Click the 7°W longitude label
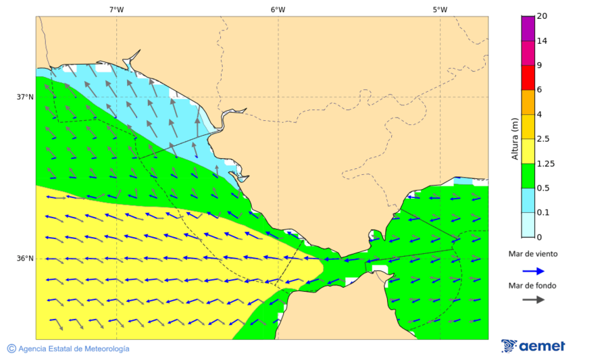pos(116,9)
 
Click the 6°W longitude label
pos(278,9)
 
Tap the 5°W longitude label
pos(440,9)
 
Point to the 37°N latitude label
pos(25,97)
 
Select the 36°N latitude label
pos(25,259)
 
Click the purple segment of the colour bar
pos(528,28)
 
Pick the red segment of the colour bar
pos(528,77)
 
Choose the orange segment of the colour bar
pos(528,102)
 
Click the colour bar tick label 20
pos(542,16)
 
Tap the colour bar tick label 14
pos(542,41)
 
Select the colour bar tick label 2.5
pos(543,139)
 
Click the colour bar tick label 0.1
pos(543,213)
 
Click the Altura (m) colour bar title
pos(515,138)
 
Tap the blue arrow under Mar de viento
pos(533,271)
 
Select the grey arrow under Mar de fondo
pos(533,299)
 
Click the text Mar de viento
pos(533,254)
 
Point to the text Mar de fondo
pos(533,285)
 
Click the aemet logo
pos(533,346)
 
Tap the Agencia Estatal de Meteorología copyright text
pos(68,349)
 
